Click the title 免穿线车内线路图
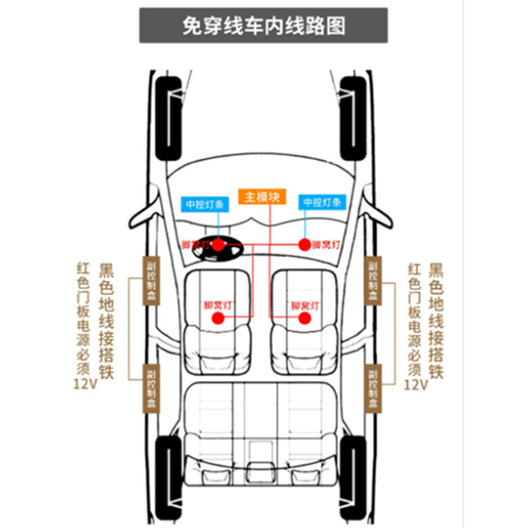[x=263, y=26]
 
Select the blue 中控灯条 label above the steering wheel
[x=203, y=203]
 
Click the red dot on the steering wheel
[x=218, y=244]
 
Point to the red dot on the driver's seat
[x=218, y=318]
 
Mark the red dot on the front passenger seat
[x=305, y=318]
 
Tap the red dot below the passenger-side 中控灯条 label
[x=305, y=244]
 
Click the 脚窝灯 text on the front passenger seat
[x=305, y=306]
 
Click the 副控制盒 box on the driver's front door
[x=151, y=280]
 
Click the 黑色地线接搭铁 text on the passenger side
[x=436, y=320]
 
